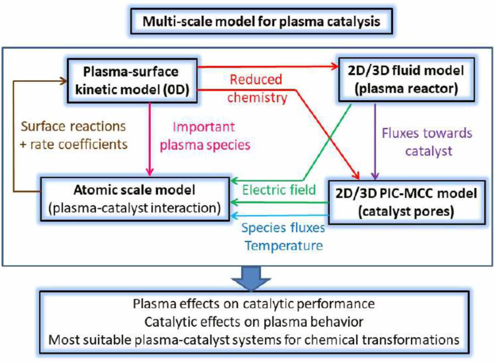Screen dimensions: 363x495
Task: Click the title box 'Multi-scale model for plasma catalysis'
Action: click(x=261, y=21)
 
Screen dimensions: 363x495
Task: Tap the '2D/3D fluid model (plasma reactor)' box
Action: click(x=406, y=80)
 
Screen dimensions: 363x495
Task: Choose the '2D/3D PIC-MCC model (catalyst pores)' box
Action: click(x=406, y=202)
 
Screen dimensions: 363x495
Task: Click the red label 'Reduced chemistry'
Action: click(x=257, y=88)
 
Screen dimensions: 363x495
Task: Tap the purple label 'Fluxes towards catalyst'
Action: click(x=427, y=142)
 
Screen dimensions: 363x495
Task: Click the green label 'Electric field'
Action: click(x=279, y=190)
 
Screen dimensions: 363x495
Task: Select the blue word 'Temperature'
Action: click(x=284, y=246)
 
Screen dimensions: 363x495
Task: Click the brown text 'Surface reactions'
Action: click(x=73, y=126)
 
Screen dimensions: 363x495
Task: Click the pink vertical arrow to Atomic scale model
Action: click(x=150, y=139)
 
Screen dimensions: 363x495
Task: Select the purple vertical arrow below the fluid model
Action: click(x=375, y=141)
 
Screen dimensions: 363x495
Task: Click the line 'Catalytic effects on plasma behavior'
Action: click(x=254, y=322)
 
